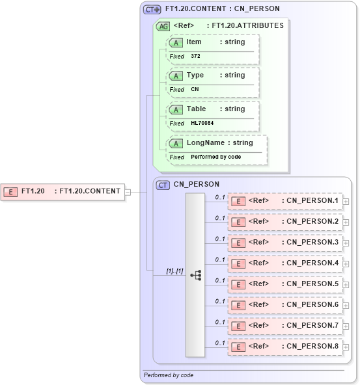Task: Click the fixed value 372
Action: click(196, 57)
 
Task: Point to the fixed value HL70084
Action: click(202, 123)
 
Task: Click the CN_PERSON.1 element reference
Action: click(284, 201)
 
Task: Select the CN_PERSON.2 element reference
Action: click(284, 222)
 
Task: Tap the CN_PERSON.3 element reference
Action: click(284, 243)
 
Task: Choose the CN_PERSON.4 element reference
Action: click(284, 263)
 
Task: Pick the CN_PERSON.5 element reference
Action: click(284, 284)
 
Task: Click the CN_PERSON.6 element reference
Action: click(284, 305)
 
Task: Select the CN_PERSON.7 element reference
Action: click(284, 326)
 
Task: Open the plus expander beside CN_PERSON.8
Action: click(346, 347)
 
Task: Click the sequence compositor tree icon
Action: click(195, 275)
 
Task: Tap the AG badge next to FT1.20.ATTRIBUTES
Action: click(163, 26)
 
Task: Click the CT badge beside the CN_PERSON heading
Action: click(163, 185)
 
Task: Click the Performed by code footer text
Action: click(169, 375)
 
